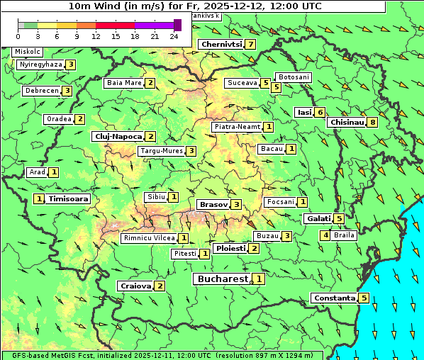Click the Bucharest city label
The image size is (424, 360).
pyautogui.click(x=222, y=279)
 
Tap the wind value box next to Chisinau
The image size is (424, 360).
pyautogui.click(x=373, y=122)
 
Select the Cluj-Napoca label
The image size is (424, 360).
pyautogui.click(x=118, y=136)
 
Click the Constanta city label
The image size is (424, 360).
pyautogui.click(x=333, y=298)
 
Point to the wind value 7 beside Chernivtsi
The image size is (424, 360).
pyautogui.click(x=251, y=45)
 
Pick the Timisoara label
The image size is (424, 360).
pyautogui.click(x=69, y=199)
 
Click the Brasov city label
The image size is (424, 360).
pyautogui.click(x=213, y=204)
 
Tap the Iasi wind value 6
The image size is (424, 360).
pyautogui.click(x=320, y=112)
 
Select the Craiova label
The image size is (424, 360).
pyautogui.click(x=135, y=286)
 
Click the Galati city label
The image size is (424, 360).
pyautogui.click(x=318, y=219)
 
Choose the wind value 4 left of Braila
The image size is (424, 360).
pyautogui.click(x=325, y=235)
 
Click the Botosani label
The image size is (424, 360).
pyautogui.click(x=294, y=77)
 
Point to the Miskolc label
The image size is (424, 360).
pyautogui.click(x=28, y=52)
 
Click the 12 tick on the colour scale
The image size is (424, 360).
pyautogui.click(x=96, y=35)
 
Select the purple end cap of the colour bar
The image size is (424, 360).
pyautogui.click(x=177, y=25)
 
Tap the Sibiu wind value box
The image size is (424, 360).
pyautogui.click(x=174, y=196)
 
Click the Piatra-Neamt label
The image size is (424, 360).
pyautogui.click(x=237, y=127)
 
